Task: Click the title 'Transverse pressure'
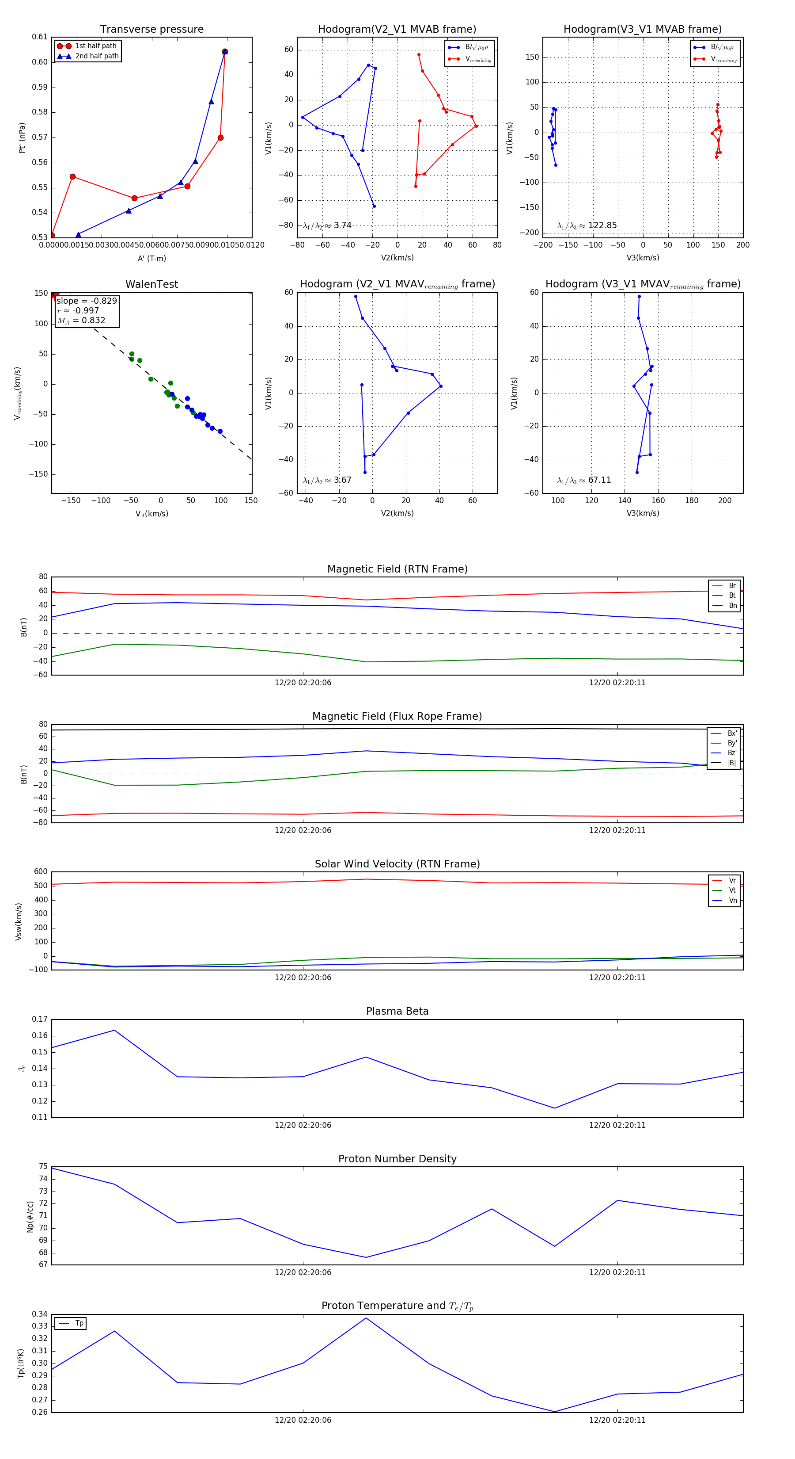point(151,30)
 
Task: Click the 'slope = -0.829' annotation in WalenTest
point(87,301)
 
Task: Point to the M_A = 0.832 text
point(81,321)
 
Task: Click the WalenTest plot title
point(151,284)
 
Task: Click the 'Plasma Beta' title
point(397,1012)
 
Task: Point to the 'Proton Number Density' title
point(397,1159)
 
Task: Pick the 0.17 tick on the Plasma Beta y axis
point(40,1020)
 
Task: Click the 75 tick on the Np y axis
point(43,1167)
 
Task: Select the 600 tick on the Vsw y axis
point(41,872)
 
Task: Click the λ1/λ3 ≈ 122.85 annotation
point(587,225)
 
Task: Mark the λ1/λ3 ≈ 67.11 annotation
point(584,480)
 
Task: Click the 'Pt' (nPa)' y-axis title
point(22,137)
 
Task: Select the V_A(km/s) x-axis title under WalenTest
point(151,514)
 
